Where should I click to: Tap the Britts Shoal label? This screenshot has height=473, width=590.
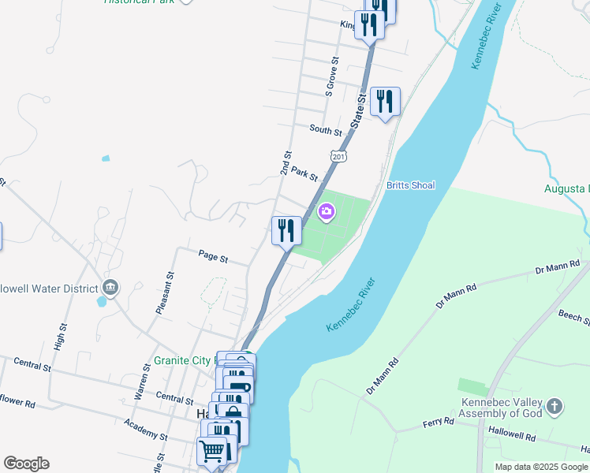pyautogui.click(x=410, y=185)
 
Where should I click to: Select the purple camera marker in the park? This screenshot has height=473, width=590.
pyautogui.click(x=327, y=211)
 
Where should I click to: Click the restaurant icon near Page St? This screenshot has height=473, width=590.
pyautogui.click(x=286, y=230)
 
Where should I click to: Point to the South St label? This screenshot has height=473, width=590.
pyautogui.click(x=326, y=129)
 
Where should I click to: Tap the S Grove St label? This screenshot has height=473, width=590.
pyautogui.click(x=332, y=76)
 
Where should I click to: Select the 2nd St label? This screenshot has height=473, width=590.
pyautogui.click(x=286, y=163)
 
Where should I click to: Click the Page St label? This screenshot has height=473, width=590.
pyautogui.click(x=213, y=256)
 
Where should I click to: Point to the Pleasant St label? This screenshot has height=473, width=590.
pyautogui.click(x=164, y=293)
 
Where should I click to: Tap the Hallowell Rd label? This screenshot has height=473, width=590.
pyautogui.click(x=511, y=435)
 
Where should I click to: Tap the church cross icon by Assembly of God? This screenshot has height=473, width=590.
pyautogui.click(x=555, y=407)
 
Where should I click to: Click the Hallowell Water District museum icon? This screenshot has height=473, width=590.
pyautogui.click(x=110, y=287)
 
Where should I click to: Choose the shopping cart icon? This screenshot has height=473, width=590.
pyautogui.click(x=211, y=452)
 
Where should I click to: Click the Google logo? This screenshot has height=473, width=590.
pyautogui.click(x=26, y=464)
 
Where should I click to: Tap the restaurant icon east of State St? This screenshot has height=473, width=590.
pyautogui.click(x=385, y=101)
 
